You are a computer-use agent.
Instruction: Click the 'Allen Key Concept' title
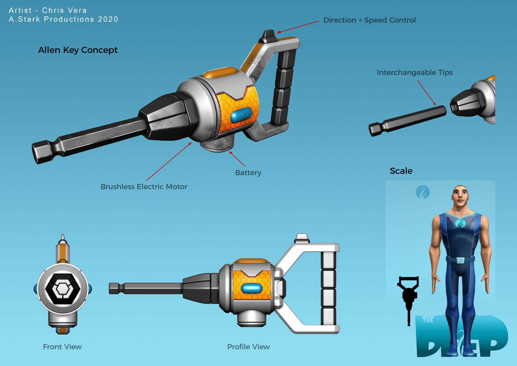coord(78,50)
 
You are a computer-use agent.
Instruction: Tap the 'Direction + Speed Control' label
coord(369,20)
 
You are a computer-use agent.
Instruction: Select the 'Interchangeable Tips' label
coord(415,73)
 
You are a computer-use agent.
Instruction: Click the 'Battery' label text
coord(248,173)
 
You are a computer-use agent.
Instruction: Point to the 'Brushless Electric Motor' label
coord(144,187)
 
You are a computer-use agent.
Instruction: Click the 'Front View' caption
coord(62,347)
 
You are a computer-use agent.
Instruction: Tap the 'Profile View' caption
coord(249,347)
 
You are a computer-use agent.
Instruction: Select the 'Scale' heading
coord(401,171)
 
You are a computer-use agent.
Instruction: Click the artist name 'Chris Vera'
coord(64,11)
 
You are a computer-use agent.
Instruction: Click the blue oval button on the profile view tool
coord(252,288)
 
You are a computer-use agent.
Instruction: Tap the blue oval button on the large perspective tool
coord(241,115)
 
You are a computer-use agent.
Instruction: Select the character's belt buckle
coord(460,260)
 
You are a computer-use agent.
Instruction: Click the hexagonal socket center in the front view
coord(63,289)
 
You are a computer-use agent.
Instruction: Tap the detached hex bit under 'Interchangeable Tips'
coord(407,121)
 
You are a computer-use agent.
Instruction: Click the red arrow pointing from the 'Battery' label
coord(237,159)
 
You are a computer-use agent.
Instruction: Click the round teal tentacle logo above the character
coord(423,192)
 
